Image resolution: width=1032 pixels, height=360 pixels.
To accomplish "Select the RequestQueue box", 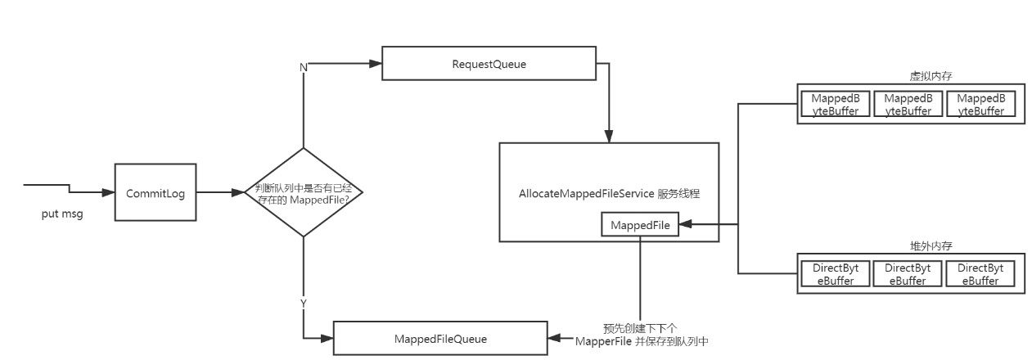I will (x=489, y=64).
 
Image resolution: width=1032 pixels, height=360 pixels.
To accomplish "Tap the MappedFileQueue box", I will (x=439, y=338).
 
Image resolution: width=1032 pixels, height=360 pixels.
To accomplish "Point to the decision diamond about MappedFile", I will (x=304, y=193).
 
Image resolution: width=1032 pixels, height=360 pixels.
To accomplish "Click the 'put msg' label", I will (x=62, y=214).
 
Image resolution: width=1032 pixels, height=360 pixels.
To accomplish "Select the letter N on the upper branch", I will (x=304, y=67).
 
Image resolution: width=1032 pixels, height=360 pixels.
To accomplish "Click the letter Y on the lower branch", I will (x=304, y=303).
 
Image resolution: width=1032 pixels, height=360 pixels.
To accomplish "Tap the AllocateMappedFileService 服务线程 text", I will (x=609, y=195).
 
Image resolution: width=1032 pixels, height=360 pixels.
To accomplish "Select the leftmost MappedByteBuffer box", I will (x=835, y=105).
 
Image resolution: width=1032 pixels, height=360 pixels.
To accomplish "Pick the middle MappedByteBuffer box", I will (x=908, y=105).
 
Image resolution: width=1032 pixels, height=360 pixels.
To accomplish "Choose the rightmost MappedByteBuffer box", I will (x=980, y=105).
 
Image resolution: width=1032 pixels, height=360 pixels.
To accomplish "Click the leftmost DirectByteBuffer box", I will (x=835, y=274).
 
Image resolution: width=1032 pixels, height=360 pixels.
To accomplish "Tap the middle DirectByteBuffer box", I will (x=908, y=274).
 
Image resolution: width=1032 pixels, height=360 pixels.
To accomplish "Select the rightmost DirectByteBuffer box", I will (x=980, y=274).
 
